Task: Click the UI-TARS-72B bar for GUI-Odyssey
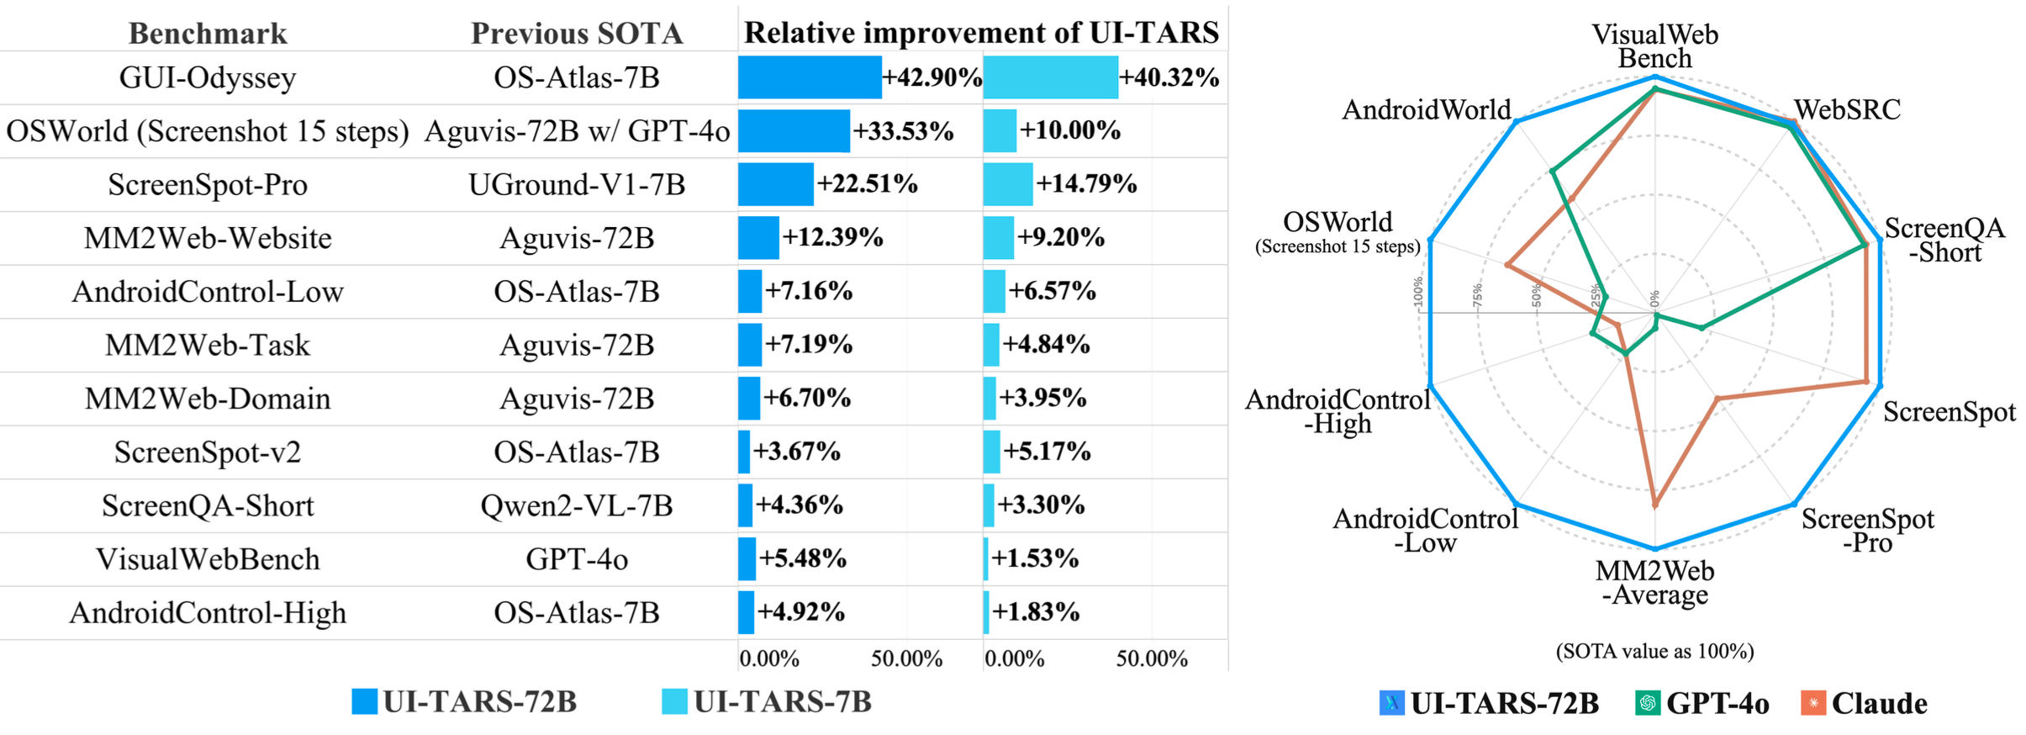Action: click(x=810, y=77)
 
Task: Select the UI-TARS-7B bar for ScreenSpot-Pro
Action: click(x=1007, y=184)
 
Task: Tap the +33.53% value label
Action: click(x=903, y=131)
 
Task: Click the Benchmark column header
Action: click(x=208, y=34)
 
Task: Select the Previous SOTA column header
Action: click(x=577, y=34)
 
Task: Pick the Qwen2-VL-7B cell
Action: click(x=577, y=505)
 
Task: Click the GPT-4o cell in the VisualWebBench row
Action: click(x=577, y=559)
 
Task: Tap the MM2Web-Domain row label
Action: click(x=208, y=399)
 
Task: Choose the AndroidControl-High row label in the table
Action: click(x=208, y=613)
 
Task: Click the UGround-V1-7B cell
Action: click(x=577, y=184)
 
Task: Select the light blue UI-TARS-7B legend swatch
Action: click(x=674, y=701)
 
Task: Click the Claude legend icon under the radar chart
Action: click(x=1813, y=703)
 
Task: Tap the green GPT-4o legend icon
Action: click(x=1648, y=703)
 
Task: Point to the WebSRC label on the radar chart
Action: click(x=1847, y=110)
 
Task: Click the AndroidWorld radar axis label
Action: click(x=1426, y=110)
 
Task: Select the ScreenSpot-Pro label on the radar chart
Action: click(x=1867, y=531)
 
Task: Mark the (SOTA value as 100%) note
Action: click(x=1654, y=652)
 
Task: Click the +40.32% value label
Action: click(x=1169, y=77)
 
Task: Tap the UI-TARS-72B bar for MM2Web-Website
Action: click(x=758, y=238)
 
